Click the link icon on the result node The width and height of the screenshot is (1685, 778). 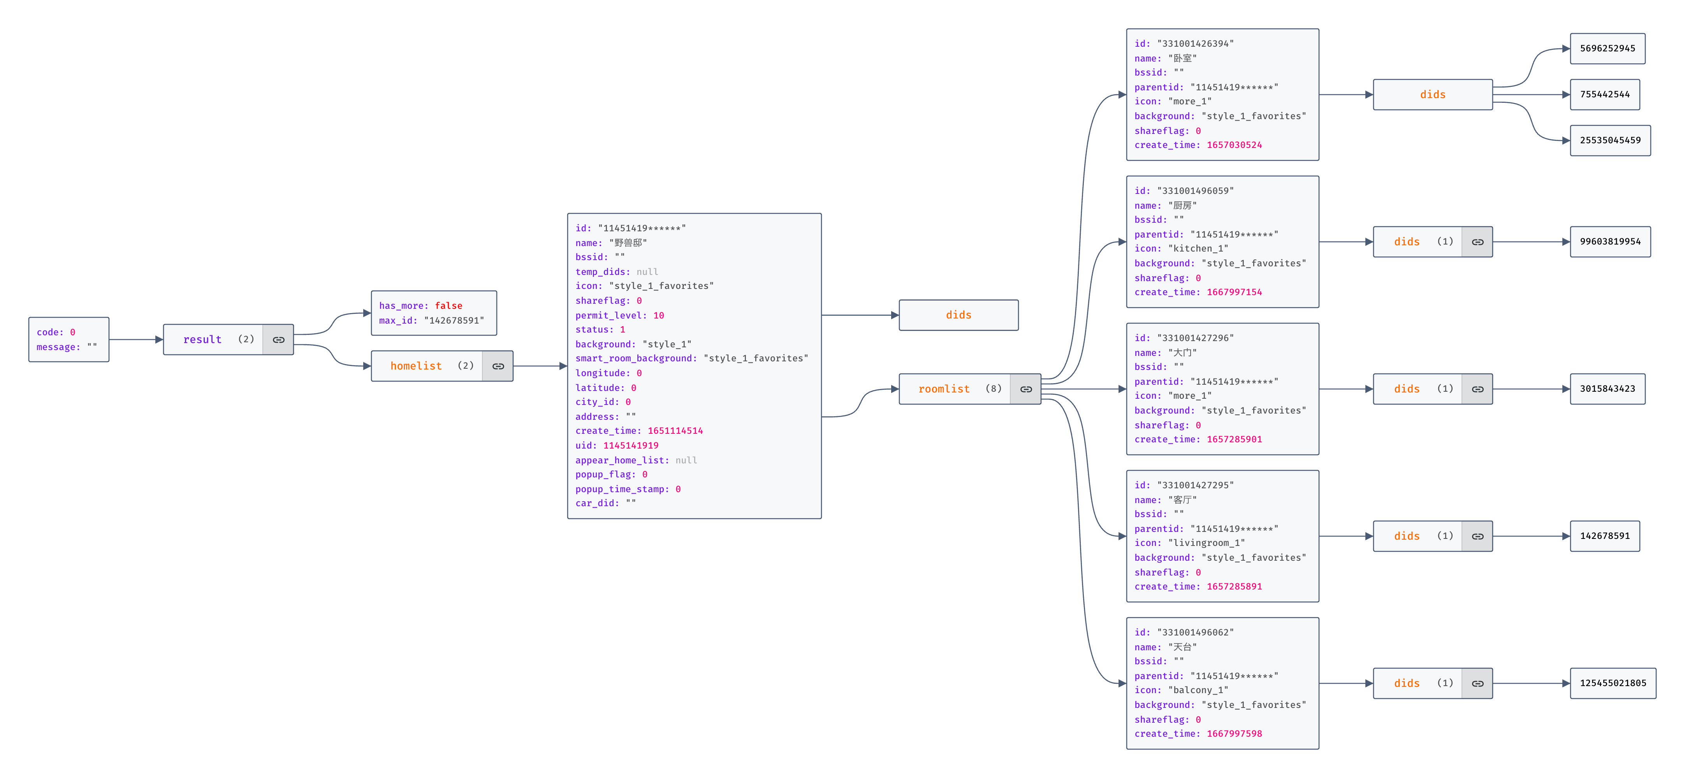click(x=279, y=340)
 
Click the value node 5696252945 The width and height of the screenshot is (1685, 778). click(x=1607, y=48)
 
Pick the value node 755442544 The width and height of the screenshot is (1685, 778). click(x=1604, y=94)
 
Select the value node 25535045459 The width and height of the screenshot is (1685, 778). click(x=1610, y=140)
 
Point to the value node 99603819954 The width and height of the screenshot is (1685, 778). click(x=1610, y=241)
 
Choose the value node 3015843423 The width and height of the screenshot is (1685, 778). click(x=1607, y=389)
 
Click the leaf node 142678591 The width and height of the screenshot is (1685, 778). click(x=1604, y=536)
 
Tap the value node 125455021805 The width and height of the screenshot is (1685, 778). click(x=1613, y=683)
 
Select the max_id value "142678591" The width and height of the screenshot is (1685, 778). click(x=454, y=320)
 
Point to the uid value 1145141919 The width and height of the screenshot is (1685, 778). click(x=631, y=445)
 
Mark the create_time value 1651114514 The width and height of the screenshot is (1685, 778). click(x=675, y=431)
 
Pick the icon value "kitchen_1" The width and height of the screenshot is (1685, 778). click(x=1198, y=249)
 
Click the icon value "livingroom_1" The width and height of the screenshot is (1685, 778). click(x=1206, y=543)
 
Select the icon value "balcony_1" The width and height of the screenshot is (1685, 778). click(x=1198, y=690)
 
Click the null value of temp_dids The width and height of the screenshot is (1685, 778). click(x=647, y=271)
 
